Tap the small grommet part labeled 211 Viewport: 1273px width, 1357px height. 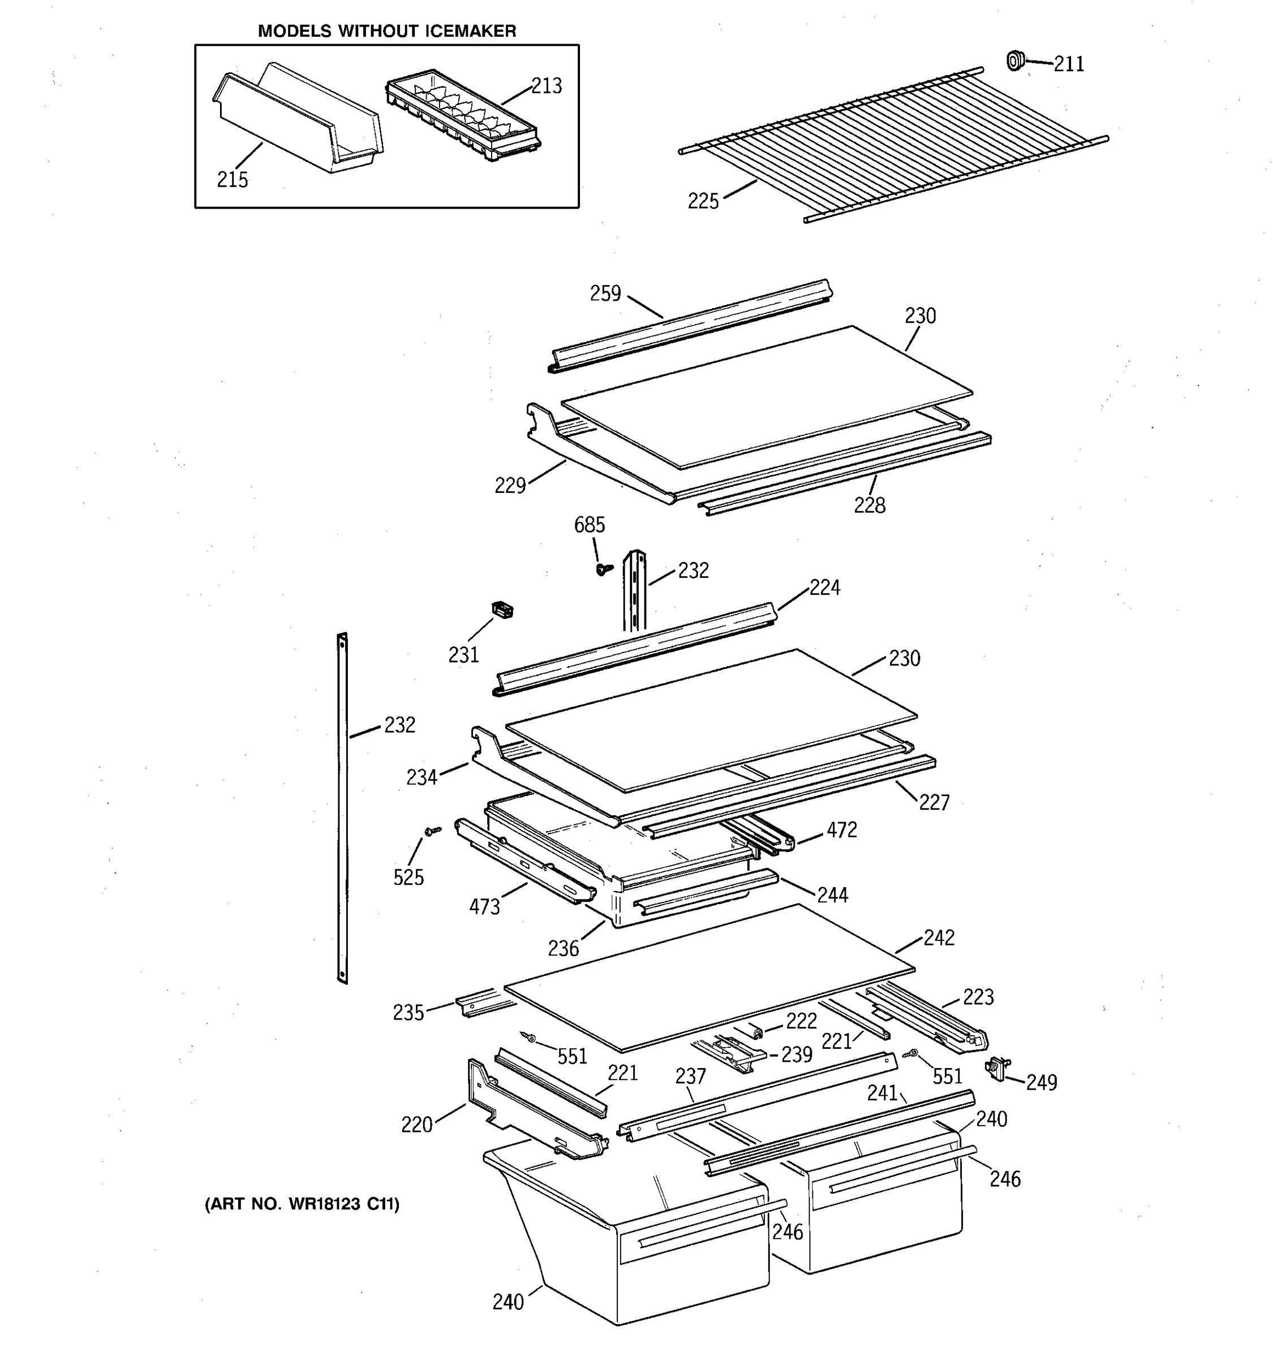[1016, 60]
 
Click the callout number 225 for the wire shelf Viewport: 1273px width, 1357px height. [703, 201]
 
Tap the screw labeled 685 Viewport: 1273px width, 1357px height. [603, 569]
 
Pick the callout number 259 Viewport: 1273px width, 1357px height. [605, 293]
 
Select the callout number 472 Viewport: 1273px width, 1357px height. [841, 830]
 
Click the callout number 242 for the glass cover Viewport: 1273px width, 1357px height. [939, 938]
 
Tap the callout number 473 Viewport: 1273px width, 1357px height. [484, 907]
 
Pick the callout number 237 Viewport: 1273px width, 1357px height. [690, 1077]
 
